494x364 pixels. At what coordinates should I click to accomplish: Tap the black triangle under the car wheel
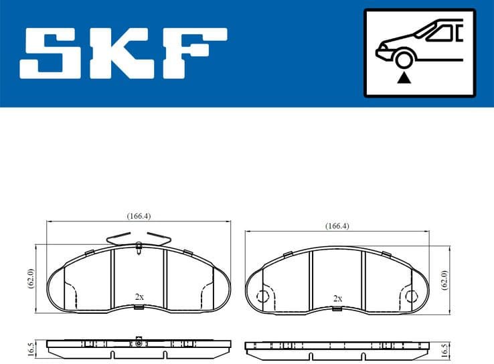coord(403,78)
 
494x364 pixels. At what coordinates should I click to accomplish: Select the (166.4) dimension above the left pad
coord(139,216)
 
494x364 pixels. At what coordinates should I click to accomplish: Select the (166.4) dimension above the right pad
coord(337,226)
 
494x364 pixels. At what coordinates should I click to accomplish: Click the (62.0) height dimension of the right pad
coord(445,279)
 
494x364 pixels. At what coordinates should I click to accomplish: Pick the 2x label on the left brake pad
coord(139,296)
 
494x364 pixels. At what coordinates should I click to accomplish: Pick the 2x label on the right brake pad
coord(338,298)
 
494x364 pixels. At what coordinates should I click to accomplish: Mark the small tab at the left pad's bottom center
coord(139,308)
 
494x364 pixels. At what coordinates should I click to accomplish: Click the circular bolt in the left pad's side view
coord(137,343)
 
